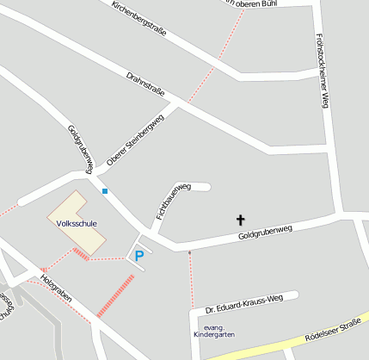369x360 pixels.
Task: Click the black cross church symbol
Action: pos(240,220)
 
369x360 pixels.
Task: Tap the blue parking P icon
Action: pos(138,255)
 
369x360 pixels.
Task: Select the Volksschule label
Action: pos(76,223)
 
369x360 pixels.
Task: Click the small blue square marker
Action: pos(105,191)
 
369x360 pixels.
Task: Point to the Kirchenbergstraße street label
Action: pos(138,17)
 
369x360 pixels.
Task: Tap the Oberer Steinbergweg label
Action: pos(134,141)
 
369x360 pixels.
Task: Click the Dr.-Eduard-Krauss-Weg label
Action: pos(243,304)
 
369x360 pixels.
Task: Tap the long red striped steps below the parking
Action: pos(115,295)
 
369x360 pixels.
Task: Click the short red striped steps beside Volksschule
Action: pos(81,253)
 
